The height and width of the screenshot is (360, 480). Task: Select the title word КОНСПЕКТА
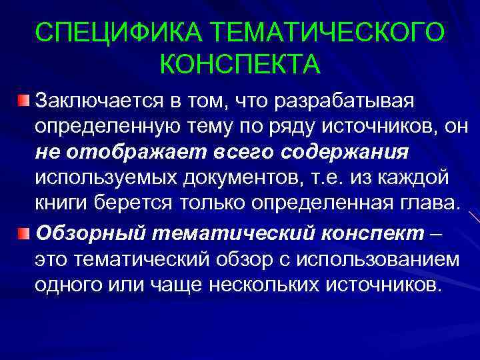coord(240,65)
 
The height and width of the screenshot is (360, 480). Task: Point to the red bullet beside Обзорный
coord(24,233)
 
